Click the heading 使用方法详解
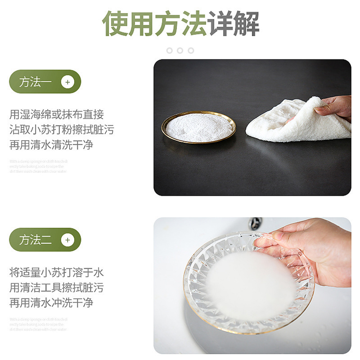click(180, 23)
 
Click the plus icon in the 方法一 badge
click(67, 82)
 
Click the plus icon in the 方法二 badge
click(67, 240)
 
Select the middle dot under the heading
click(180, 50)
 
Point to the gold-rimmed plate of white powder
click(198, 127)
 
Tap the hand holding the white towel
click(335, 107)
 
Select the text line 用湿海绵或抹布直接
click(57, 114)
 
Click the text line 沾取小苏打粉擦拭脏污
click(62, 130)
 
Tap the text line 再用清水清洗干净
click(51, 145)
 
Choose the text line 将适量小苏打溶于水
click(57, 272)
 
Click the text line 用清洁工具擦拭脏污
click(57, 288)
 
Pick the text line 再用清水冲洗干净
click(51, 303)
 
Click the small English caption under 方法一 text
click(39, 166)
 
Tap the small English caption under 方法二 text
click(39, 324)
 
